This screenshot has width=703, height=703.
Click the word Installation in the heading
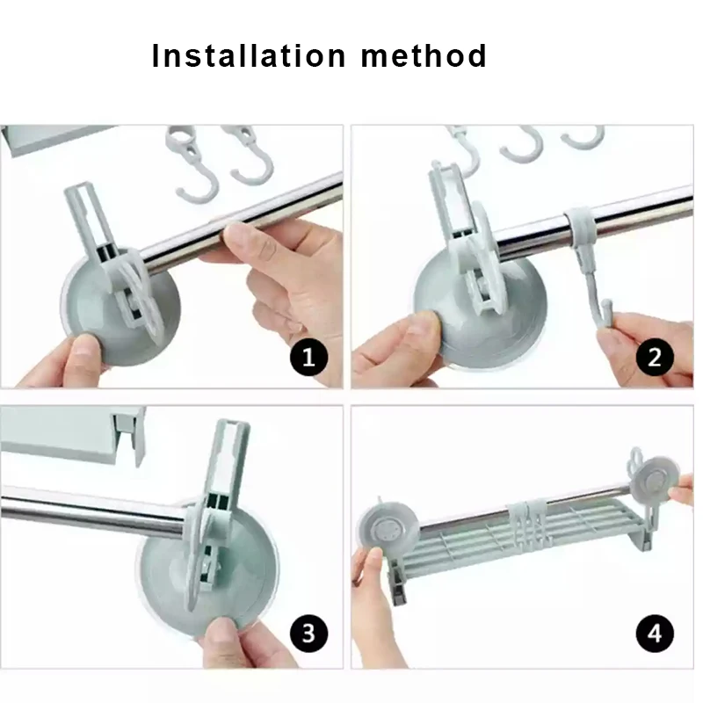249,55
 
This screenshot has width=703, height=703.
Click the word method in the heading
424,55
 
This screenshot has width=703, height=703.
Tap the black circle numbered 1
309,358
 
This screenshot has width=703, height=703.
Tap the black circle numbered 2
655,358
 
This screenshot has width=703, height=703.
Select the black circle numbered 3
309,634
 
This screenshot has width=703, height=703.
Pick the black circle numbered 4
655,634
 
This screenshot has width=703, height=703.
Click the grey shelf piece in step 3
72,434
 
